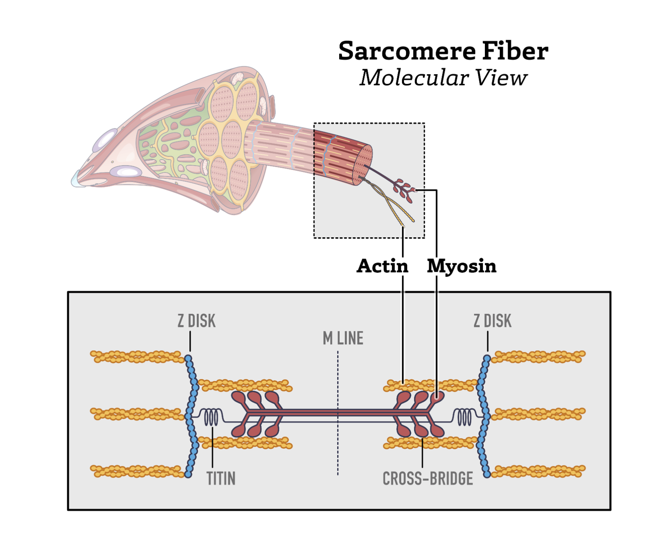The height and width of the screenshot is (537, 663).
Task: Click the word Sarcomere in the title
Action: (406, 51)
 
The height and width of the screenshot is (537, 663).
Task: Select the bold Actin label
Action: (382, 266)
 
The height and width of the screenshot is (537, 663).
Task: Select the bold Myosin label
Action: (461, 266)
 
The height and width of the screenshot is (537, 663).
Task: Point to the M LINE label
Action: (343, 338)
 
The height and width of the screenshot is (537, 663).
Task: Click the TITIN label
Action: (221, 479)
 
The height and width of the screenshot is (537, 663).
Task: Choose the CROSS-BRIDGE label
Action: (427, 479)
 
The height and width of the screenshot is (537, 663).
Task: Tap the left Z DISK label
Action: (196, 321)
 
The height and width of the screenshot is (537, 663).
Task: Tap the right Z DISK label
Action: (492, 321)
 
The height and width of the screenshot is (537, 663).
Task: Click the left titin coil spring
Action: (211, 417)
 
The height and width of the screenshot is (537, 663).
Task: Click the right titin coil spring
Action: (464, 417)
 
